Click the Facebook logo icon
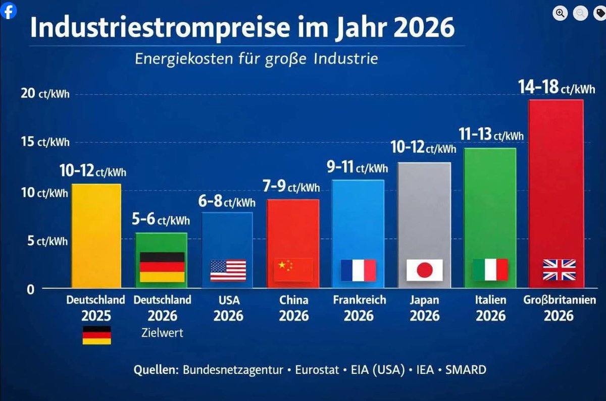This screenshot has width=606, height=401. (9, 11)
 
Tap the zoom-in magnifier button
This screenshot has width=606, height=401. (560, 14)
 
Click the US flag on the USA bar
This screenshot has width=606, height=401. (228, 270)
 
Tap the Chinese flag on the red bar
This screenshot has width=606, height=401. (293, 270)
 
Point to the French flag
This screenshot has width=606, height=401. (358, 270)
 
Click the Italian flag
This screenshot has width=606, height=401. (490, 270)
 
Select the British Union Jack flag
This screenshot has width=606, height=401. (559, 270)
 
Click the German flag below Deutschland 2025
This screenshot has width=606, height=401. (96, 335)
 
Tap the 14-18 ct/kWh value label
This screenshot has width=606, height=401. (556, 88)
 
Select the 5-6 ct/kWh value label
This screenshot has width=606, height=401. (161, 220)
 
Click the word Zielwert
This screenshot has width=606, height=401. (162, 333)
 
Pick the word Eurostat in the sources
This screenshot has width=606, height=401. (317, 370)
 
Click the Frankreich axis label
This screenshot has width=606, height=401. (360, 300)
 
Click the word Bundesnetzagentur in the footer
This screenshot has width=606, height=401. (233, 370)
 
